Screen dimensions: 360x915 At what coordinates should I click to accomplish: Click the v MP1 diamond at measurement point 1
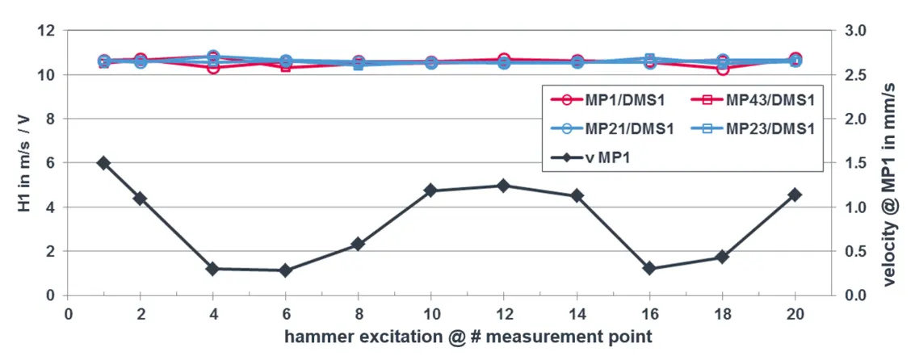103,162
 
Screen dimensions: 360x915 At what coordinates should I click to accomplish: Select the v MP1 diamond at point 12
503,186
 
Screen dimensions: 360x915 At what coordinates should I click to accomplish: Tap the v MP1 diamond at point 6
285,270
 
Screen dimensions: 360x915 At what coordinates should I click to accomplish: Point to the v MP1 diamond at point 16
649,268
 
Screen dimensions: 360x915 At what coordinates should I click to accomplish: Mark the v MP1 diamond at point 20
795,195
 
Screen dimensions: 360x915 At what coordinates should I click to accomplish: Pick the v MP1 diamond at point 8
358,244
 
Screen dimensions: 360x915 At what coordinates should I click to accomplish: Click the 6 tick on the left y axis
51,162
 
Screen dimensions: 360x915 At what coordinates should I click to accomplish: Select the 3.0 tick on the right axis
854,31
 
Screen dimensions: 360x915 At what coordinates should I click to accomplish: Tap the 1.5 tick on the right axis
854,162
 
